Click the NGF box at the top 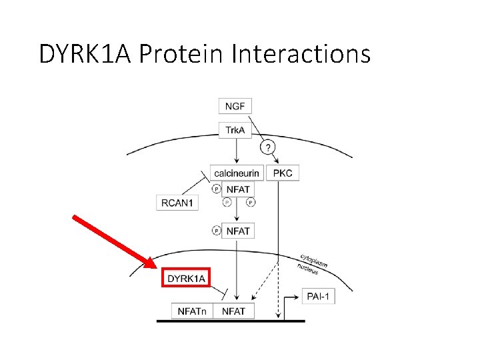235,106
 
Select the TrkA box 235,130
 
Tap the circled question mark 267,147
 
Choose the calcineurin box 236,173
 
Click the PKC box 282,173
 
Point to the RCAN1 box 177,202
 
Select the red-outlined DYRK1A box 186,278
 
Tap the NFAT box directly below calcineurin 238,189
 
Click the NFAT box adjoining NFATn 233,311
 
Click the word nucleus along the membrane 307,268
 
